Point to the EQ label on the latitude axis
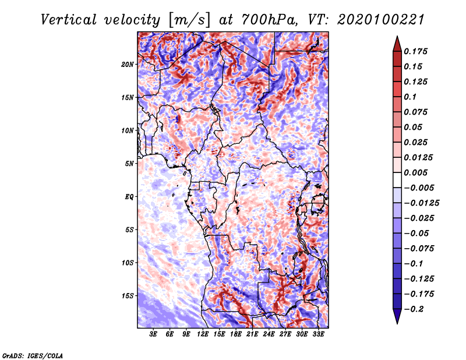click(129, 197)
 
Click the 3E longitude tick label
click(154, 334)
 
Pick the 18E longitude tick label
click(236, 334)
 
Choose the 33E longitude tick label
click(318, 334)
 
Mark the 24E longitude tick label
click(269, 334)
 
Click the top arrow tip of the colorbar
click(397, 37)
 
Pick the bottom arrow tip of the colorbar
click(397, 323)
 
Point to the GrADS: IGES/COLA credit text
click(32, 355)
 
